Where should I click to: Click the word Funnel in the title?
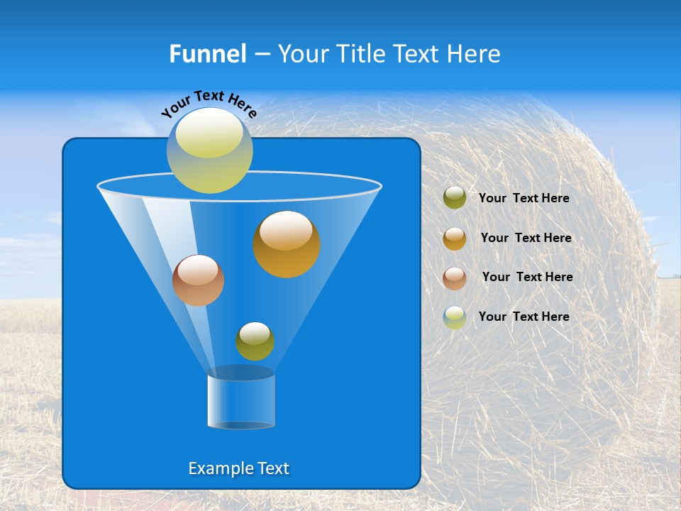pyautogui.click(x=207, y=54)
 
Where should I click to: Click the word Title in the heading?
pyautogui.click(x=359, y=54)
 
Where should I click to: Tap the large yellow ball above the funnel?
pyautogui.click(x=210, y=150)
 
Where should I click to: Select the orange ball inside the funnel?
pyautogui.click(x=287, y=244)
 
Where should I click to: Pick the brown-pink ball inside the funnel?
pyautogui.click(x=198, y=280)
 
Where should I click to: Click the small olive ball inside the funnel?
pyautogui.click(x=255, y=341)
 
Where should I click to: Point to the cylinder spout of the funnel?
pyautogui.click(x=241, y=401)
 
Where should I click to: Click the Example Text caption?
pyautogui.click(x=239, y=468)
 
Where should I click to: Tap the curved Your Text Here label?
pyautogui.click(x=209, y=104)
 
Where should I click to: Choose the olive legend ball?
pyautogui.click(x=455, y=198)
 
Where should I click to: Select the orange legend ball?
pyautogui.click(x=455, y=238)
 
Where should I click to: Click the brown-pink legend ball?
pyautogui.click(x=455, y=278)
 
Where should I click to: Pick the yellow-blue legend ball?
pyautogui.click(x=455, y=317)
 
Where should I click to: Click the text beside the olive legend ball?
pyautogui.click(x=524, y=198)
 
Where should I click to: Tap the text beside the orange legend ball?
pyautogui.click(x=526, y=238)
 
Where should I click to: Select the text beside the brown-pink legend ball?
pyautogui.click(x=527, y=277)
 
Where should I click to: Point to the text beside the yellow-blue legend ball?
pyautogui.click(x=524, y=317)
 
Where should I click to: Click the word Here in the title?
pyautogui.click(x=473, y=54)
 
